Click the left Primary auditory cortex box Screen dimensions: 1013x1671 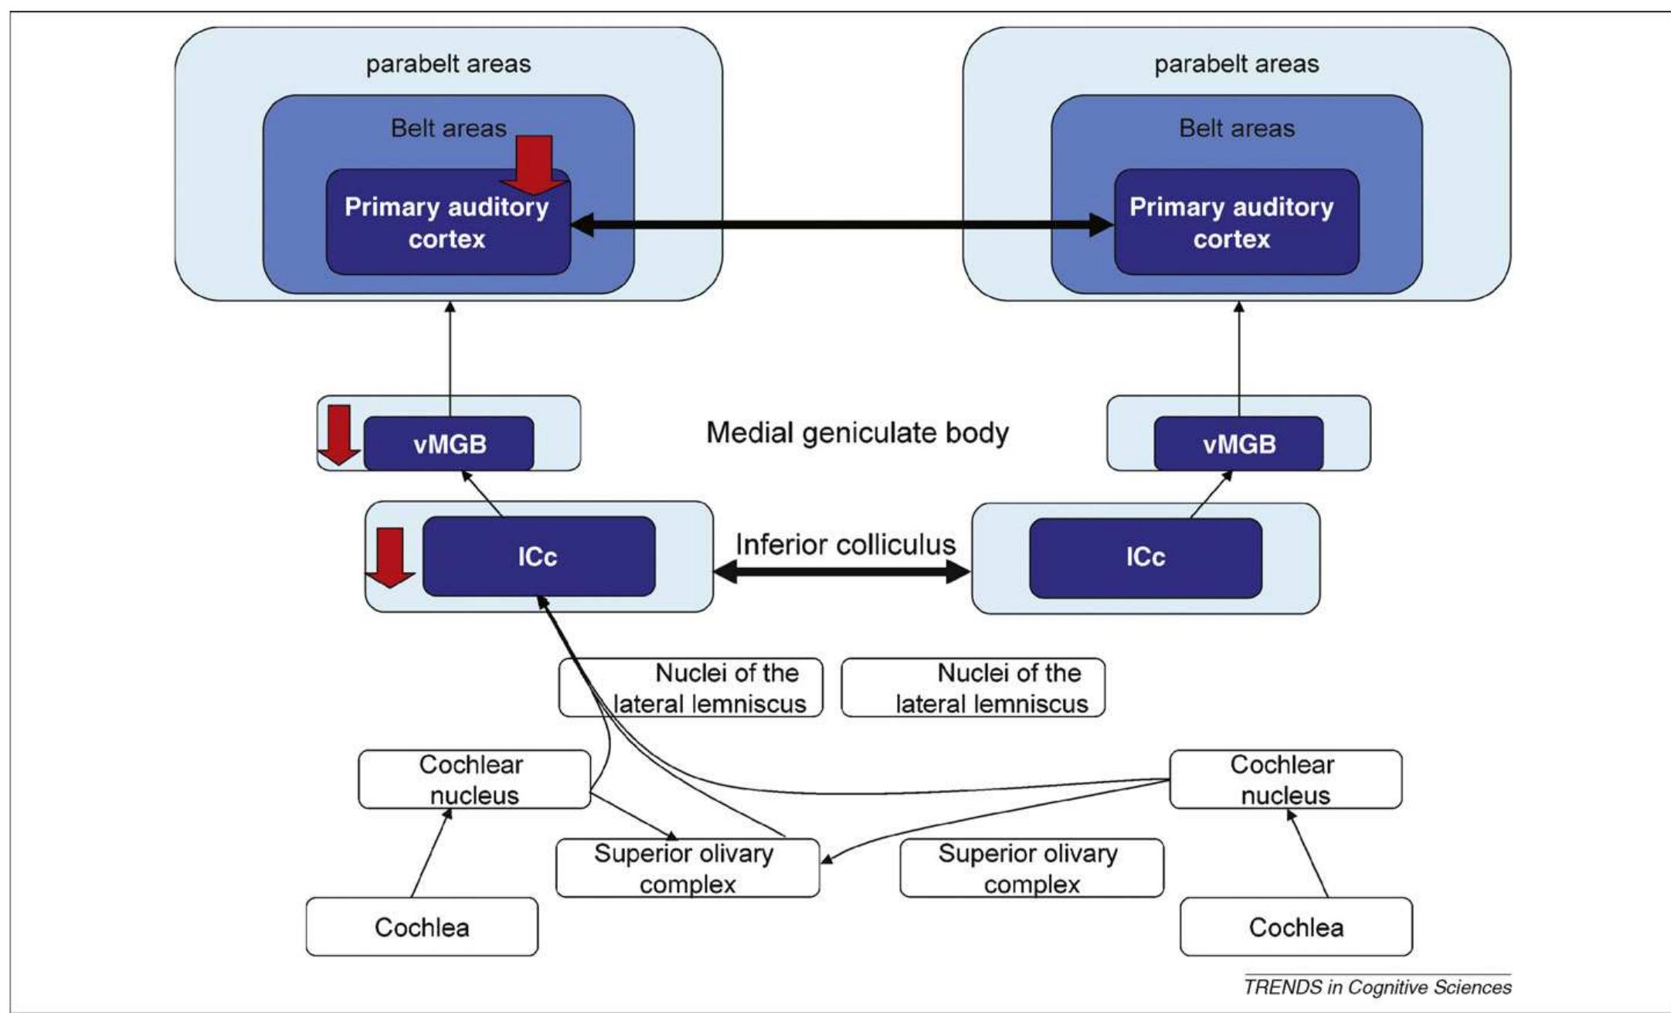447,232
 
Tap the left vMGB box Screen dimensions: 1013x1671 449,444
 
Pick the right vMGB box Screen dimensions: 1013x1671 1238,444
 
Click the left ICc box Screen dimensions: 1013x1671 538,557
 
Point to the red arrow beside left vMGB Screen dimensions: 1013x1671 340,434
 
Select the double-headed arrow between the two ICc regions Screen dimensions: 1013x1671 842,573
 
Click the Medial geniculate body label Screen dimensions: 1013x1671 858,433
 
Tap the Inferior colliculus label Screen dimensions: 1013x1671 845,545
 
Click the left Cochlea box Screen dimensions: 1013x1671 422,926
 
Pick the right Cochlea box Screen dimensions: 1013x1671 1296,926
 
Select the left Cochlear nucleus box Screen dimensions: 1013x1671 474,780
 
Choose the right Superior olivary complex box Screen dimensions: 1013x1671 1031,868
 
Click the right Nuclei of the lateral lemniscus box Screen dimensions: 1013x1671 973,688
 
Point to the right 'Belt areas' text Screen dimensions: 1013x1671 1236,128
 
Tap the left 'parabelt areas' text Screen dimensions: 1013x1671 448,63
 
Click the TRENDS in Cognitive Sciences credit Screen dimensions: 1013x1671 1377,987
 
